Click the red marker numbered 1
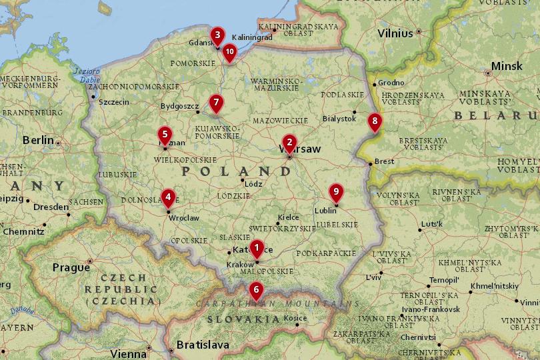[x=257, y=249]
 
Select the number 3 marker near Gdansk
[x=217, y=35]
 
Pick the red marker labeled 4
[x=168, y=197]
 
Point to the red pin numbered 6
[x=255, y=291]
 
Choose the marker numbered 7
[x=215, y=103]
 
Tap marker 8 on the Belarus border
[x=375, y=121]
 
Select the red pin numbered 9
[x=336, y=192]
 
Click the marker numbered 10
[x=229, y=51]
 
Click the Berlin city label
[x=38, y=140]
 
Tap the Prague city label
[x=71, y=267]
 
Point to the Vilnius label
[x=395, y=33]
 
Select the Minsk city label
[x=507, y=67]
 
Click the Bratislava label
[x=203, y=345]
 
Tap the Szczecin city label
[x=113, y=102]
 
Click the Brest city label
[x=384, y=161]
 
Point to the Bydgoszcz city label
[x=180, y=105]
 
